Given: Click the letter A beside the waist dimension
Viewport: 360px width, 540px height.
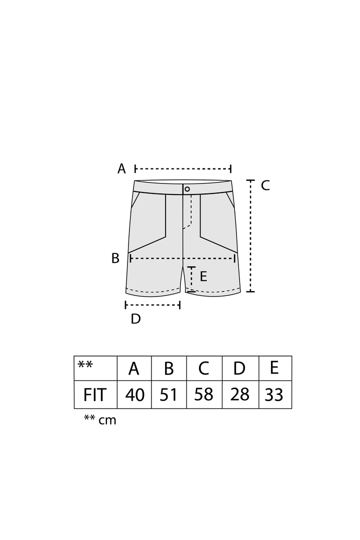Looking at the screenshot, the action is (x=121, y=169).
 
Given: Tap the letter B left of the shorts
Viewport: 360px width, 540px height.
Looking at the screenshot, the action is (x=115, y=258).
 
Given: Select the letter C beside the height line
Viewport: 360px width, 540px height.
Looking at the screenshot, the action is (x=265, y=185).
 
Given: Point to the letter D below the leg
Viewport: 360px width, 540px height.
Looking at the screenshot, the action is (x=135, y=319).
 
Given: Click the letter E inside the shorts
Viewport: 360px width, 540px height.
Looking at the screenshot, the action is (x=203, y=276).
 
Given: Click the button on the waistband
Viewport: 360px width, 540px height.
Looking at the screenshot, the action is (x=187, y=189).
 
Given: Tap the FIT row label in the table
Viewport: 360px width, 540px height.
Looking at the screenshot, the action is (x=94, y=394).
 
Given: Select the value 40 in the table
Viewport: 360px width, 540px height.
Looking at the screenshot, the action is (x=134, y=394).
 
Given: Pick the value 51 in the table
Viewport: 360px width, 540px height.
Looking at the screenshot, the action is (x=168, y=394).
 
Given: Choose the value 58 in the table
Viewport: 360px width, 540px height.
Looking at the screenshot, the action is (x=203, y=394).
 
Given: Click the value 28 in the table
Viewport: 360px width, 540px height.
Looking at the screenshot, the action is (x=240, y=394).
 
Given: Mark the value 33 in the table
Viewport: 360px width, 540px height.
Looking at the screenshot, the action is (x=274, y=394).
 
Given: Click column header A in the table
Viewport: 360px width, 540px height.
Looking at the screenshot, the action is (x=134, y=368).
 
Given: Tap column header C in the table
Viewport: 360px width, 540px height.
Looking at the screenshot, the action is (x=203, y=368).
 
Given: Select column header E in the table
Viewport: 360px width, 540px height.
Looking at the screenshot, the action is (x=274, y=367).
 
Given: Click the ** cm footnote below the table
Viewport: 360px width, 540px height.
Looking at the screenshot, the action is (x=100, y=419).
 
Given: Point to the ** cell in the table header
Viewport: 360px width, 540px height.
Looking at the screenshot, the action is (x=85, y=364).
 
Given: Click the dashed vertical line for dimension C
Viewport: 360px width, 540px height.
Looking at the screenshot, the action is (x=250, y=236).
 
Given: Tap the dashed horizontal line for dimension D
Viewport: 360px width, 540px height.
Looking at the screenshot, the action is (x=153, y=305).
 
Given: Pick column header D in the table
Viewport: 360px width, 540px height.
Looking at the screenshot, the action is (x=239, y=368).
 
